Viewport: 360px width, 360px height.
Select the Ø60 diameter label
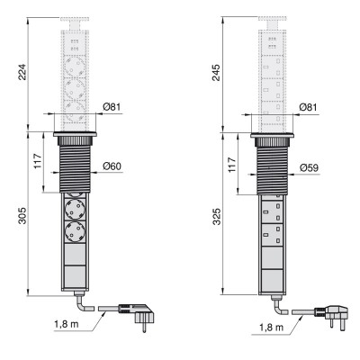coord(112,166)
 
